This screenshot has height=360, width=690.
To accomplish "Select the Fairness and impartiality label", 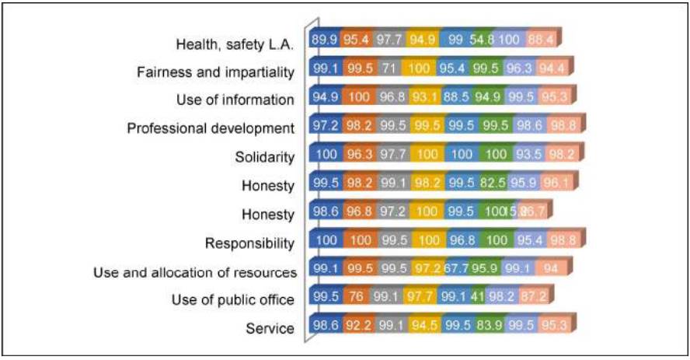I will [x=215, y=72].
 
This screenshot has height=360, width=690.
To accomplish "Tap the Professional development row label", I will [x=211, y=128].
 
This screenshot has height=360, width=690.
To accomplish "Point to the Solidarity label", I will [x=265, y=156].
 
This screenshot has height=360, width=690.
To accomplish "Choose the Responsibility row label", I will [x=249, y=243].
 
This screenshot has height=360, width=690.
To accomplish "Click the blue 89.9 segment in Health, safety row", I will [x=324, y=40].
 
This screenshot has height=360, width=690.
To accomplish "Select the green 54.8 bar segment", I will [x=485, y=40].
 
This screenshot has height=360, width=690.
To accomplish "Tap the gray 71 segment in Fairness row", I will [x=389, y=68].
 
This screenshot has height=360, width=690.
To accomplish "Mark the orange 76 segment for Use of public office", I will [x=357, y=298].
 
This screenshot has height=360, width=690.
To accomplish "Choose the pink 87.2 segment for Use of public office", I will [x=535, y=298].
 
